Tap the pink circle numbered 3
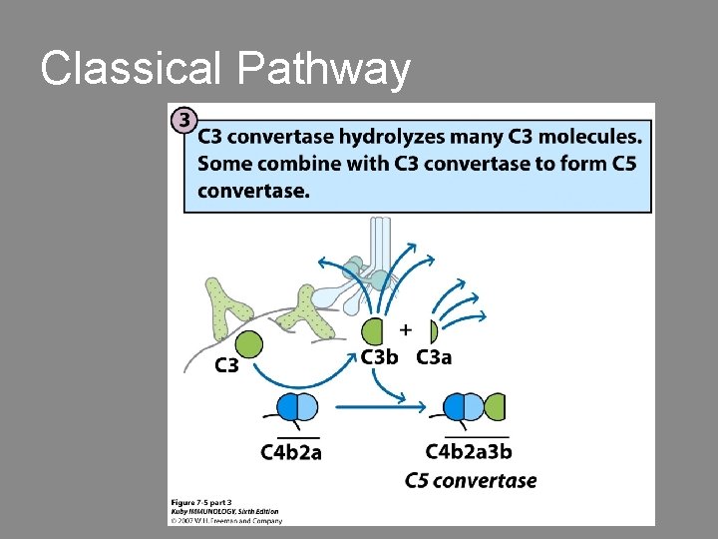click(183, 121)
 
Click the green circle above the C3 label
click(248, 346)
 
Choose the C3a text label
click(434, 357)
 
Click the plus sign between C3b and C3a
click(406, 328)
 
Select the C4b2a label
click(291, 452)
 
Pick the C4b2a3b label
click(469, 452)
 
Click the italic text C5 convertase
click(471, 481)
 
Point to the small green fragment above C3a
click(433, 330)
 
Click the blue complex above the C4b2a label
click(294, 406)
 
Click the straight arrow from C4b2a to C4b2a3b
click(371, 406)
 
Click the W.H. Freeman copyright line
click(227, 519)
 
